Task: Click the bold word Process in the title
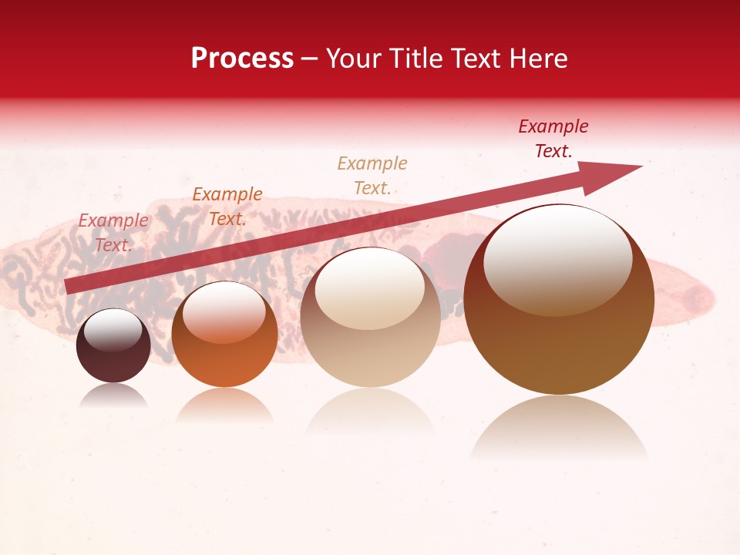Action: (x=242, y=59)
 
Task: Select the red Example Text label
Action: (x=553, y=139)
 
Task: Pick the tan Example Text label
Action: (x=372, y=176)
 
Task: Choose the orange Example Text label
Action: (x=227, y=207)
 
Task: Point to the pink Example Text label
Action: (x=113, y=233)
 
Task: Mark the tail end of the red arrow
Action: (x=68, y=286)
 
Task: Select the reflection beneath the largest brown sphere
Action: (x=559, y=428)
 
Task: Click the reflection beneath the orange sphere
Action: (x=224, y=405)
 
